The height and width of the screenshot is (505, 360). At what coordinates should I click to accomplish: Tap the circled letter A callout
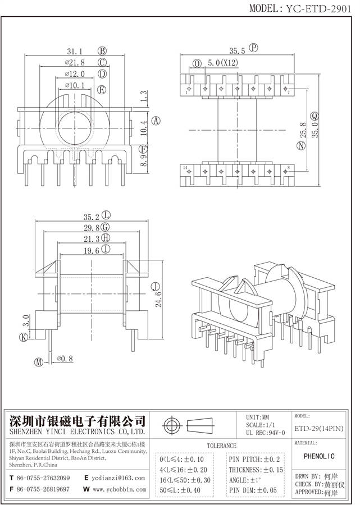point(157,121)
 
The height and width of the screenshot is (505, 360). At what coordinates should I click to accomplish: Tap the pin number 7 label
point(289,93)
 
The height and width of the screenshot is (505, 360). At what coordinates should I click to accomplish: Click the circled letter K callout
point(24,337)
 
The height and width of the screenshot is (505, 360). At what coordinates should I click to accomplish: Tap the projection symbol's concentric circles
point(171,425)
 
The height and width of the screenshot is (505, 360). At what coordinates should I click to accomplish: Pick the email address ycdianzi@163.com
point(119,478)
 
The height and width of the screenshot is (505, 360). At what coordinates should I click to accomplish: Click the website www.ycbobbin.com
point(119,489)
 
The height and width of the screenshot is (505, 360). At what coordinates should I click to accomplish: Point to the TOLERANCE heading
point(221,446)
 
